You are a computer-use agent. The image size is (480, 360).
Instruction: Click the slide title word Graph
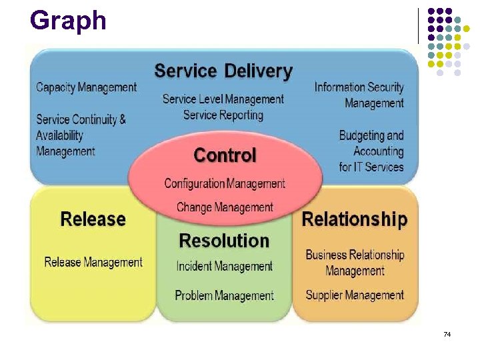(x=68, y=21)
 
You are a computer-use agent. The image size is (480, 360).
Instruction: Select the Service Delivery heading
(x=223, y=71)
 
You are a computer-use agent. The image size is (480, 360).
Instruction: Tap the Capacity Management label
(x=86, y=87)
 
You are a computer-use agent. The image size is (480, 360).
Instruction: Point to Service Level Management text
(x=223, y=99)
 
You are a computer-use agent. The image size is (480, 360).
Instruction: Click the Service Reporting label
(x=223, y=115)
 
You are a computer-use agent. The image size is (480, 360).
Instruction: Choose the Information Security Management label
(x=359, y=95)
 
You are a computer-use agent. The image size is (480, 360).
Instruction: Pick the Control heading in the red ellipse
(x=225, y=156)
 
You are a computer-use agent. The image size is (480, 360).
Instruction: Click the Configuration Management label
(x=225, y=183)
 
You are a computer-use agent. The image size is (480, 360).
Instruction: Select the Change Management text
(x=225, y=208)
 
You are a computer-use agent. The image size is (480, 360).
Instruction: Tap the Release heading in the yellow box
(x=93, y=219)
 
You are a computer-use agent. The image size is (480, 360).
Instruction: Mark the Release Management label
(x=93, y=262)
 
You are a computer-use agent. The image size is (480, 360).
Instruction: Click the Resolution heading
(x=224, y=241)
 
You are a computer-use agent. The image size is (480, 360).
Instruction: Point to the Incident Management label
(x=224, y=267)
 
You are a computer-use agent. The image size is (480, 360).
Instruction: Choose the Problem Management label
(x=224, y=295)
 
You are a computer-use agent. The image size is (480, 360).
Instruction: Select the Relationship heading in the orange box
(x=355, y=219)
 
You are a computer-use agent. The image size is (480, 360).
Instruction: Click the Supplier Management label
(x=355, y=295)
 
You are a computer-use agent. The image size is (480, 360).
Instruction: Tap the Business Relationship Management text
(x=355, y=263)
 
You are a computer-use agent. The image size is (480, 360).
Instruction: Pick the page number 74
(x=447, y=333)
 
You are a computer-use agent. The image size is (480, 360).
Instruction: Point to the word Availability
(x=60, y=135)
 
